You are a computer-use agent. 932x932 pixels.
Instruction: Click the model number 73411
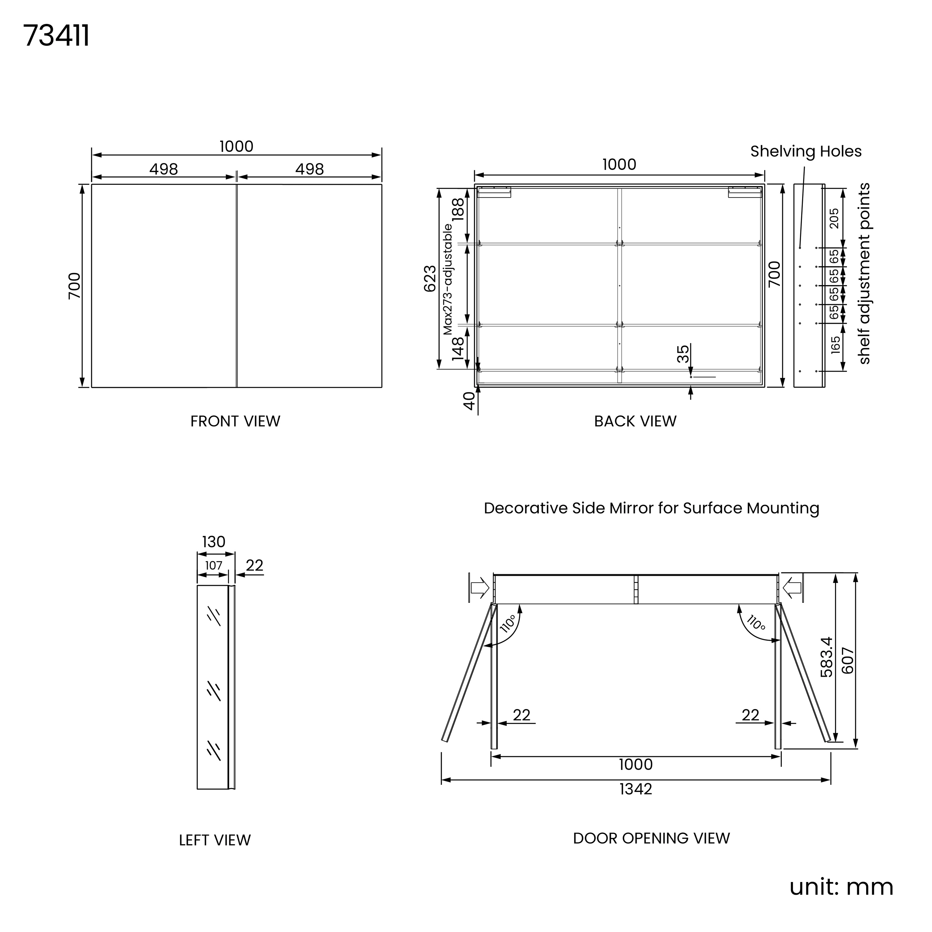pos(57,36)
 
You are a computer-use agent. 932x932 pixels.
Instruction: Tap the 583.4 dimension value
pos(827,657)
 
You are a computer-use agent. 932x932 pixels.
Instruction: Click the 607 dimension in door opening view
pos(847,660)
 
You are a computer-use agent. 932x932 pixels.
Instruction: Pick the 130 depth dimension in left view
pos(214,542)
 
